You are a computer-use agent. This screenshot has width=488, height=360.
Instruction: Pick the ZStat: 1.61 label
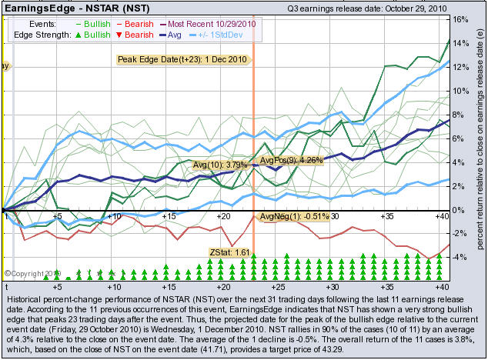(x=229, y=252)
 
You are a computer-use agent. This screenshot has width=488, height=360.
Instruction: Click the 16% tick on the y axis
(x=458, y=19)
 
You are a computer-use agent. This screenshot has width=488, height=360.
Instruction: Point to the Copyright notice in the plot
(x=32, y=272)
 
